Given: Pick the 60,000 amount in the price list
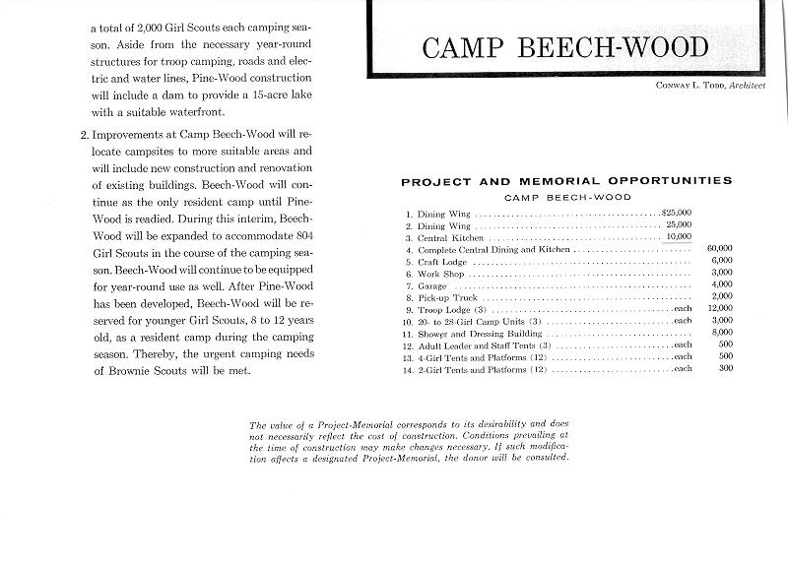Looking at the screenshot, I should coord(719,248).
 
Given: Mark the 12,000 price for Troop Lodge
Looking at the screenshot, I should coord(719,309).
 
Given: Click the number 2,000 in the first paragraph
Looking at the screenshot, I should coord(144,30).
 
